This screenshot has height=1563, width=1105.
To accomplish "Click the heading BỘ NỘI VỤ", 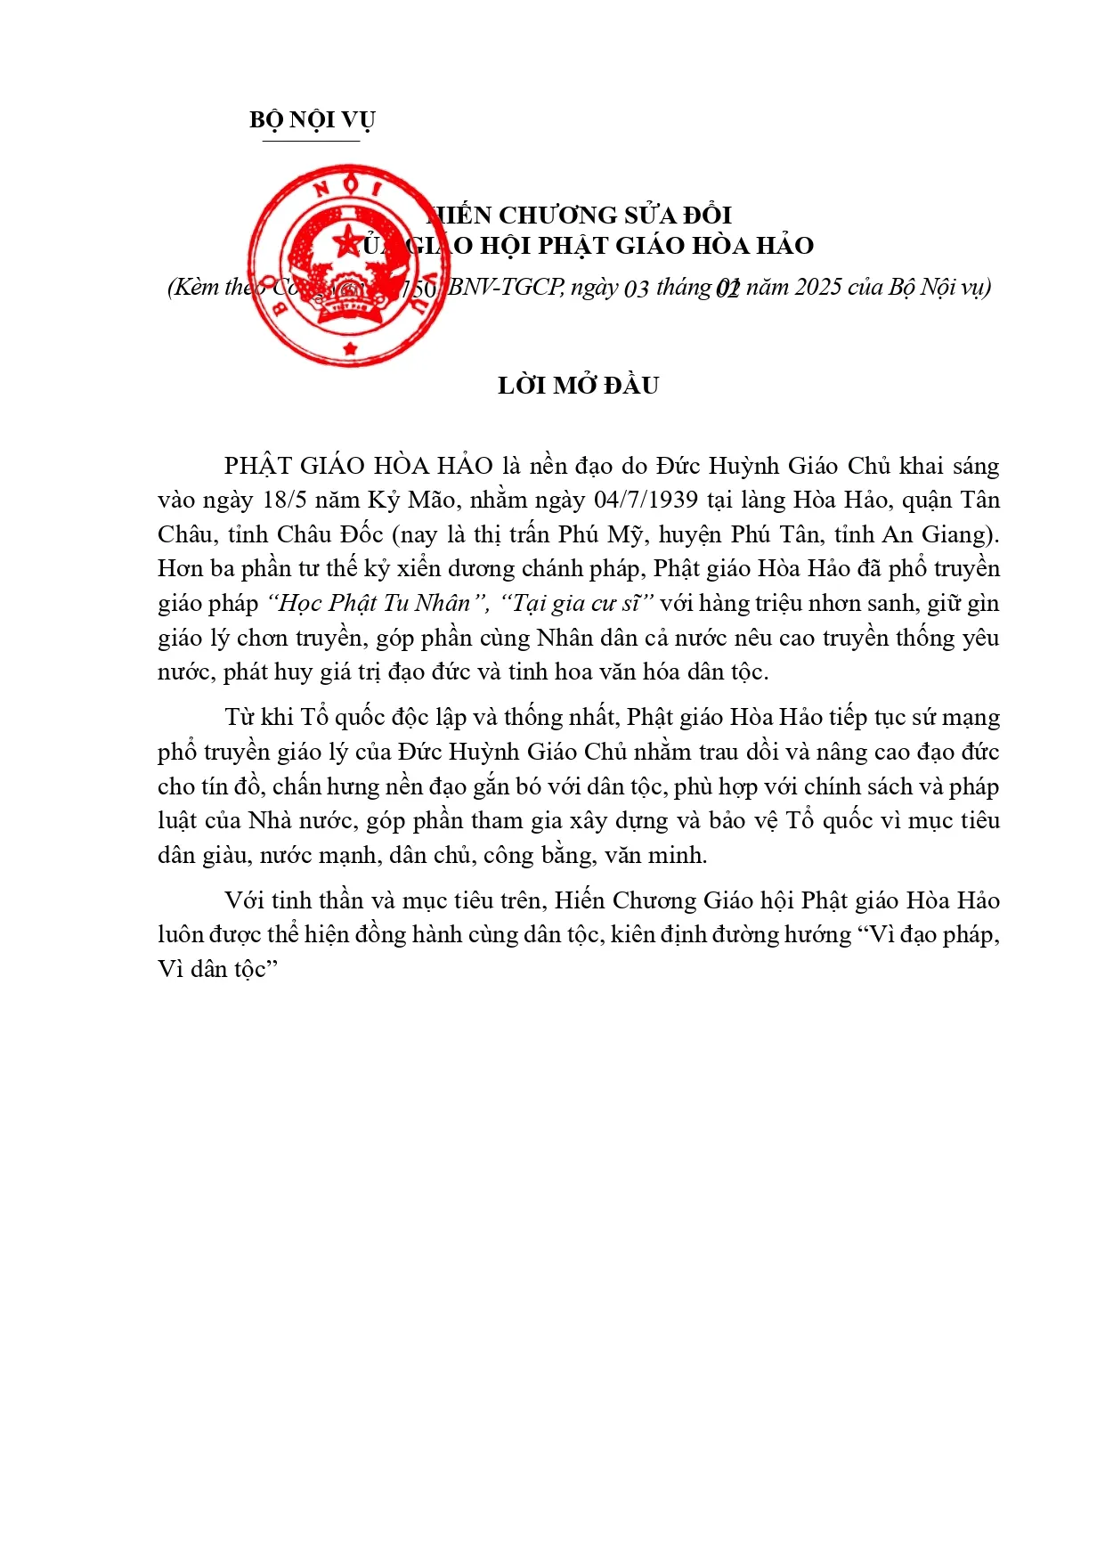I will point(312,119).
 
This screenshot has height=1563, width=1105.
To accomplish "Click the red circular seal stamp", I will point(349,265).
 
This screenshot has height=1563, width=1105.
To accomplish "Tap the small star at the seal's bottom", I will point(350,348).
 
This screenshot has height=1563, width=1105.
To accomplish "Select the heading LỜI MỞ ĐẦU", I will point(578,386).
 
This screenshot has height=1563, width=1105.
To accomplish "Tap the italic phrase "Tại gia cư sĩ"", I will point(578,603).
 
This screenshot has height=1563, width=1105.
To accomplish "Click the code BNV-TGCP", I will point(505,287).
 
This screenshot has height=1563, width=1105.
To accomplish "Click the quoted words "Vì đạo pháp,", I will point(930,934).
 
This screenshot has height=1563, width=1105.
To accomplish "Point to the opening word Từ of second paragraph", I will point(239,718).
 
